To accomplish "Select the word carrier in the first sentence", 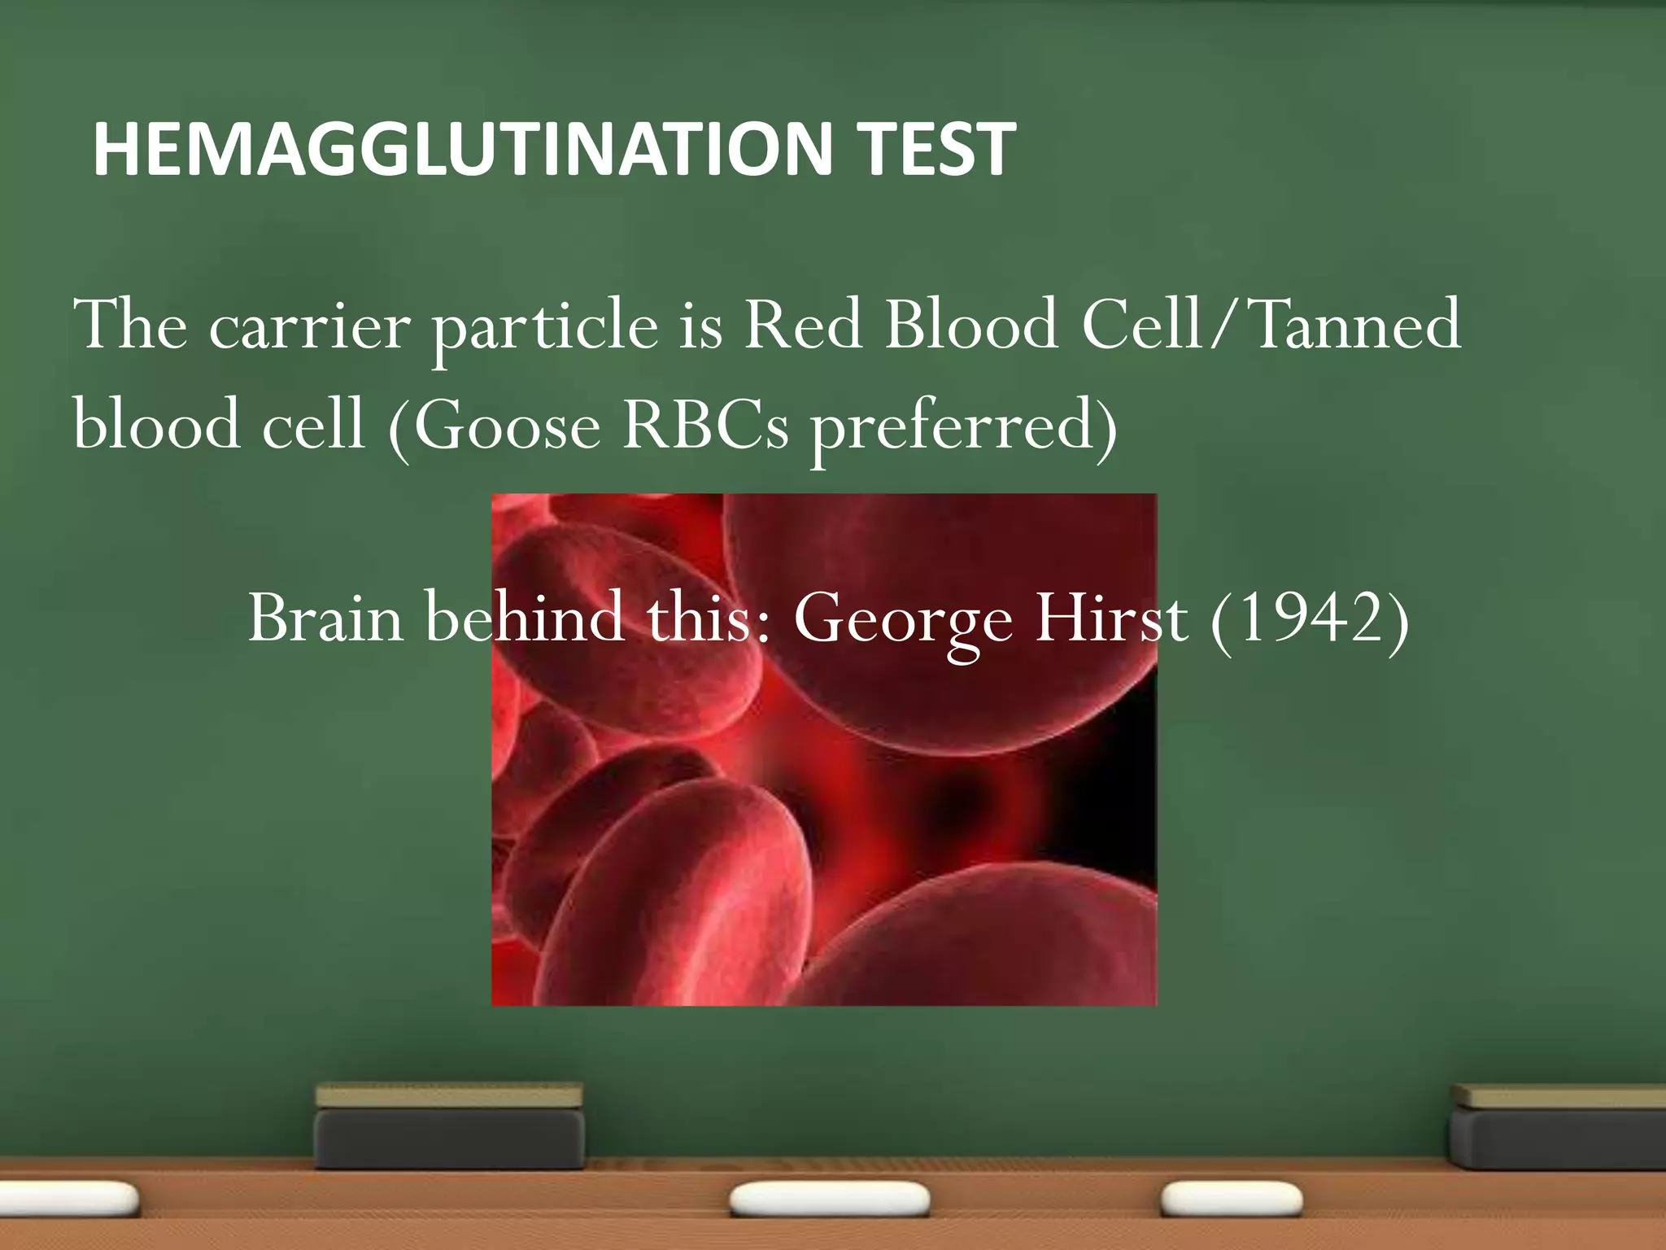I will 309,326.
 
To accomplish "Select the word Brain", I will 325,618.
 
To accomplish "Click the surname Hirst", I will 1111,618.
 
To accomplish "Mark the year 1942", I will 1310,618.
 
